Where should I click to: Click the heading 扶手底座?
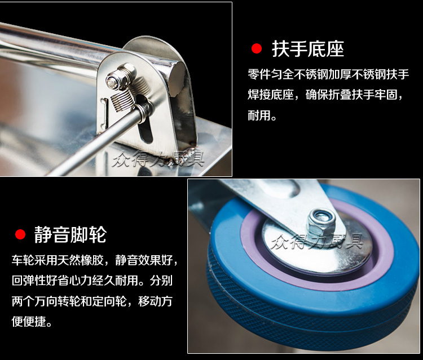pyautogui.click(x=308, y=49)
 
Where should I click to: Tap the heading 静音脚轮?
pyautogui.click(x=70, y=235)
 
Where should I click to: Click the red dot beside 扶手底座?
pyautogui.click(x=257, y=49)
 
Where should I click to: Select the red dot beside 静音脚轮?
pyautogui.click(x=20, y=234)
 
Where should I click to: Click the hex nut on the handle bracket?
pyautogui.click(x=120, y=76)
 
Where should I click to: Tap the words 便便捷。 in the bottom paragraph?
pyautogui.click(x=32, y=322)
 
